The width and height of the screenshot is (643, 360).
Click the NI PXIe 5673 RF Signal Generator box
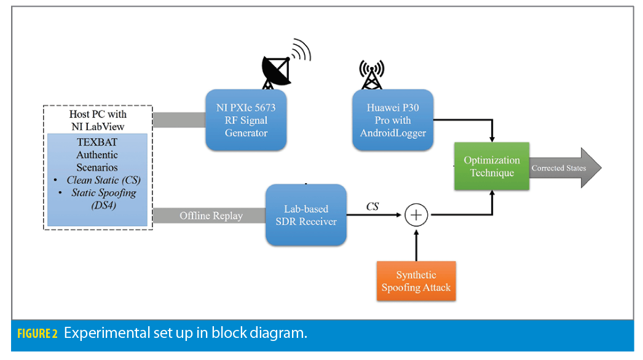click(x=246, y=120)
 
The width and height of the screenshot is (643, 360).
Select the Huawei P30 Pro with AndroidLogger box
click(x=393, y=120)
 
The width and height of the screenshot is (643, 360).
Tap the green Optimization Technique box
click(x=492, y=166)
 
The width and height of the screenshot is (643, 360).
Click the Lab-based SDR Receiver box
click(x=306, y=215)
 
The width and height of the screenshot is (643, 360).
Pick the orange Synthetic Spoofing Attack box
click(x=416, y=281)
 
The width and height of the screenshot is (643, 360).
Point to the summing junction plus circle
click(x=416, y=215)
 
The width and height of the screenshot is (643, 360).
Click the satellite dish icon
click(x=277, y=69)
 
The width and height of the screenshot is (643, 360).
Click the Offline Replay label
click(x=211, y=216)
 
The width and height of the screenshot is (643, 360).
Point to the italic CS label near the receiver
click(x=373, y=207)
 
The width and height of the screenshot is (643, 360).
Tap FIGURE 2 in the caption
click(x=37, y=334)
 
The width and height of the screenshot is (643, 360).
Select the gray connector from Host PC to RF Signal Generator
click(x=178, y=120)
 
